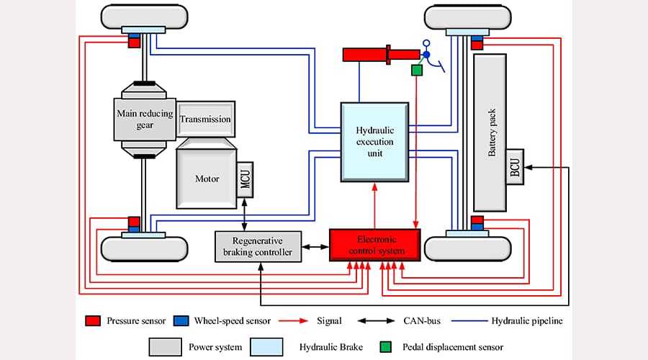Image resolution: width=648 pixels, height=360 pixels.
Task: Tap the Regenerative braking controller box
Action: point(258,246)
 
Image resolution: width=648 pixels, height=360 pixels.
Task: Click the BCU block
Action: point(515,166)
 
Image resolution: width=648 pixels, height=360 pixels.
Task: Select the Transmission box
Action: point(206,119)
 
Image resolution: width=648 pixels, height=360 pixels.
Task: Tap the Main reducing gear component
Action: point(145,119)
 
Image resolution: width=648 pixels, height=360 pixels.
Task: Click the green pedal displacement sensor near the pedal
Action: point(416,71)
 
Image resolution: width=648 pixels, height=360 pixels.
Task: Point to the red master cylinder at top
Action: point(367,54)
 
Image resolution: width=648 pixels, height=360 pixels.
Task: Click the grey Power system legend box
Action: point(165,346)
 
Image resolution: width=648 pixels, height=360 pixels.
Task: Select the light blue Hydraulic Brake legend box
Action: point(269,346)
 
